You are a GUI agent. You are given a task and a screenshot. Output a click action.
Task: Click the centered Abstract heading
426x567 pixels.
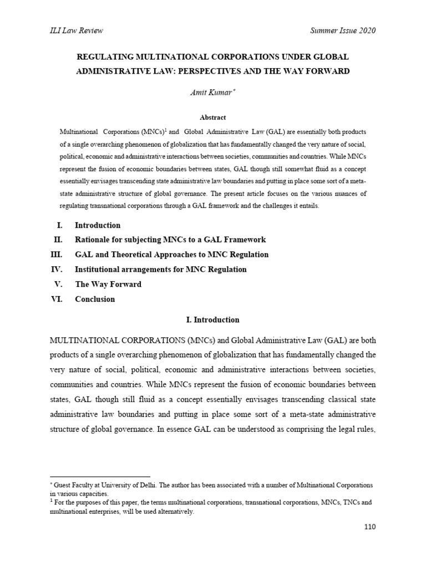212,117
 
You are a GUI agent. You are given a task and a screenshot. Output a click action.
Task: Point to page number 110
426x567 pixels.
369,527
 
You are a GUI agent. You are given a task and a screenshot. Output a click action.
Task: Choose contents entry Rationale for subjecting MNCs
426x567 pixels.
170,240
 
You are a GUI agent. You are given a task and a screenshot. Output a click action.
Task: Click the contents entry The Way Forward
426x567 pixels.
108,284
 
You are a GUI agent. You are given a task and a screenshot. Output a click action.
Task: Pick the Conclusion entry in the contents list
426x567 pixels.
95,299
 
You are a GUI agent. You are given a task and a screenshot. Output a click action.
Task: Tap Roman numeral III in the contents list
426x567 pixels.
57,255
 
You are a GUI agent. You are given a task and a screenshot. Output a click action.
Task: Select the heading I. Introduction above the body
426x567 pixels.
212,319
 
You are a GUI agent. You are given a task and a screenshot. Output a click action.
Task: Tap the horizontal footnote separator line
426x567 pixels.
100,476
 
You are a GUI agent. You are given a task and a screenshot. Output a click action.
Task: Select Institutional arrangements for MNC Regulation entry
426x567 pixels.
161,270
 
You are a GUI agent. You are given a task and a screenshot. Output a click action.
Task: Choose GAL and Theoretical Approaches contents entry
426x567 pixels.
171,255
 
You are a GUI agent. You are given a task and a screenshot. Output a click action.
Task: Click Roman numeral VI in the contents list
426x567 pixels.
59,299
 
